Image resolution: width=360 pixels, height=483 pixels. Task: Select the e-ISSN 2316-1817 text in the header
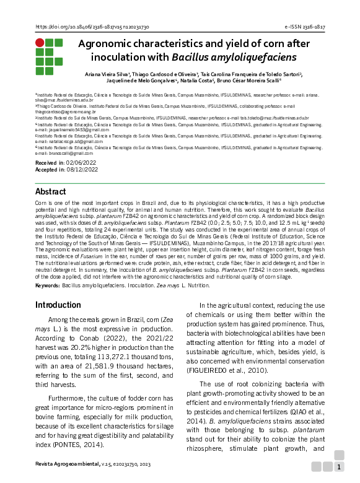(x=304, y=28)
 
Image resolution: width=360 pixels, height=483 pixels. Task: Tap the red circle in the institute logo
(x=40, y=43)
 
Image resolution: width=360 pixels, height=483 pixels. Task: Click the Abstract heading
(x=50, y=191)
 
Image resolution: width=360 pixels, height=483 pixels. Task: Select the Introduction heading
(x=58, y=305)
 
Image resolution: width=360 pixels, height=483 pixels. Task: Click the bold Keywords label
(x=48, y=285)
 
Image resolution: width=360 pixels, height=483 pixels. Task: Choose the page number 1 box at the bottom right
(x=339, y=466)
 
